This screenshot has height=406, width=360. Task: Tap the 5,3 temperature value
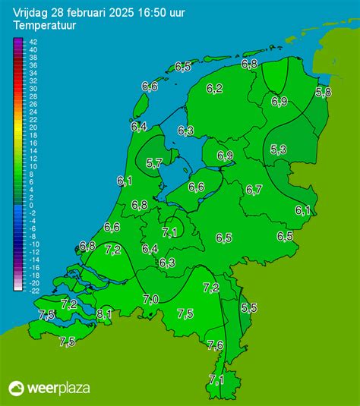point(278,150)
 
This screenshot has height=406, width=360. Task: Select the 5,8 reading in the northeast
point(324,93)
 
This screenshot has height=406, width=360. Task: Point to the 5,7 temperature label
point(154,162)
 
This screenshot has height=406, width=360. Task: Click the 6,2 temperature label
point(214,89)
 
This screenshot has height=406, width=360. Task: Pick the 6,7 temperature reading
point(254,190)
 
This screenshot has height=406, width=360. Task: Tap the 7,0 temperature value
point(150,299)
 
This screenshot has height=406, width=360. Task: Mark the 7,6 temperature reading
point(215,345)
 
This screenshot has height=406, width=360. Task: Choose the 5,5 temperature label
point(248,307)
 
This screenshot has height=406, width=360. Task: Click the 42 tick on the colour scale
point(33,42)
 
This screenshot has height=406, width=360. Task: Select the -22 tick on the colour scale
point(33,290)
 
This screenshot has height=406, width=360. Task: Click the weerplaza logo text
point(58,388)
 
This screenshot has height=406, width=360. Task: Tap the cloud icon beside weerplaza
point(17,388)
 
